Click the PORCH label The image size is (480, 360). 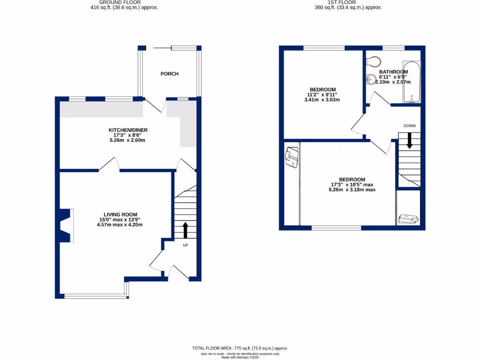coord(169,74)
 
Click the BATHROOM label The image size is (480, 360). coord(393,72)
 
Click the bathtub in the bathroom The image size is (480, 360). coord(411,82)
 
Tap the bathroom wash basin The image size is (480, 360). coord(371,80)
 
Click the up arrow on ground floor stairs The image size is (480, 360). coord(185,230)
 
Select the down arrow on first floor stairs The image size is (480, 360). coord(409,140)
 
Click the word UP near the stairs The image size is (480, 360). coord(185,245)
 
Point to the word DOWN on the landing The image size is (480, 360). coord(409,126)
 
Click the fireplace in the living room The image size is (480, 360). coord(66,225)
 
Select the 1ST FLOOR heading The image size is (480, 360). coord(348,2)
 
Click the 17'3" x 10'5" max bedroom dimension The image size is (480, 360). coord(352,185)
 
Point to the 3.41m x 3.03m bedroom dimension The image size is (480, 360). coord(322,100)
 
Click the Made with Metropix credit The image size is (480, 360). coord(240,357)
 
